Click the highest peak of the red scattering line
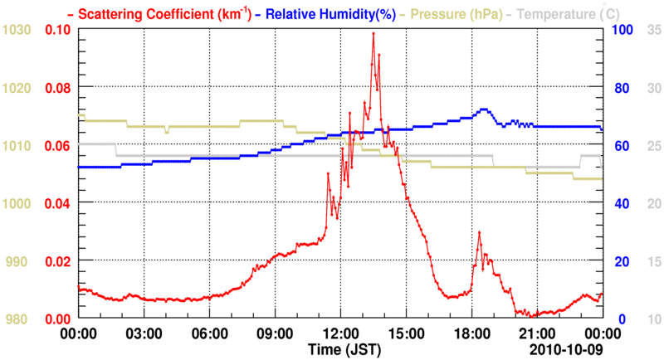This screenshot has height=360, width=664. tap(373, 33)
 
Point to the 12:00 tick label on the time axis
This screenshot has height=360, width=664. tap(341, 333)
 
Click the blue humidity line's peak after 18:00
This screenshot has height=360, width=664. tap(482, 109)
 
